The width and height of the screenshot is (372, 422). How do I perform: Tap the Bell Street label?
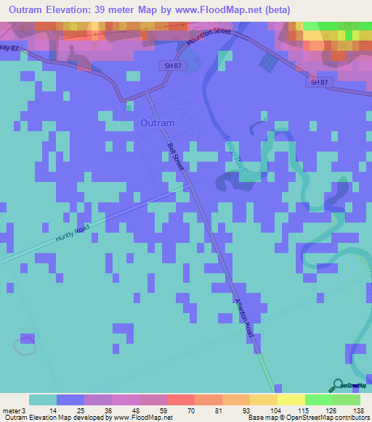click(x=175, y=157)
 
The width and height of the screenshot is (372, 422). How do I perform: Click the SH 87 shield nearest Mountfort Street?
click(x=168, y=65)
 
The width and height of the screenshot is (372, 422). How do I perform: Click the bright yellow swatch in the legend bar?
click(x=291, y=400)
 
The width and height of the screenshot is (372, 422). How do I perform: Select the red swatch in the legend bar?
click(x=180, y=400)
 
